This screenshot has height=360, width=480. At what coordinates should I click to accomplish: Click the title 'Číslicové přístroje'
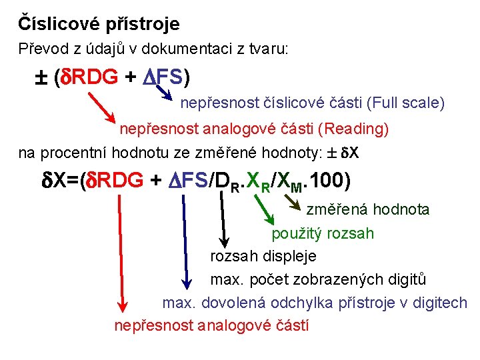(99, 25)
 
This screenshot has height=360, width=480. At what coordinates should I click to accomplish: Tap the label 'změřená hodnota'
(367, 210)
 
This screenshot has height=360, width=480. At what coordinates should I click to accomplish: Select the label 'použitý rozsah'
(322, 233)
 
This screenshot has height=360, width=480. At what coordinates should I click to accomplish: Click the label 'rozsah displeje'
(263, 256)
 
